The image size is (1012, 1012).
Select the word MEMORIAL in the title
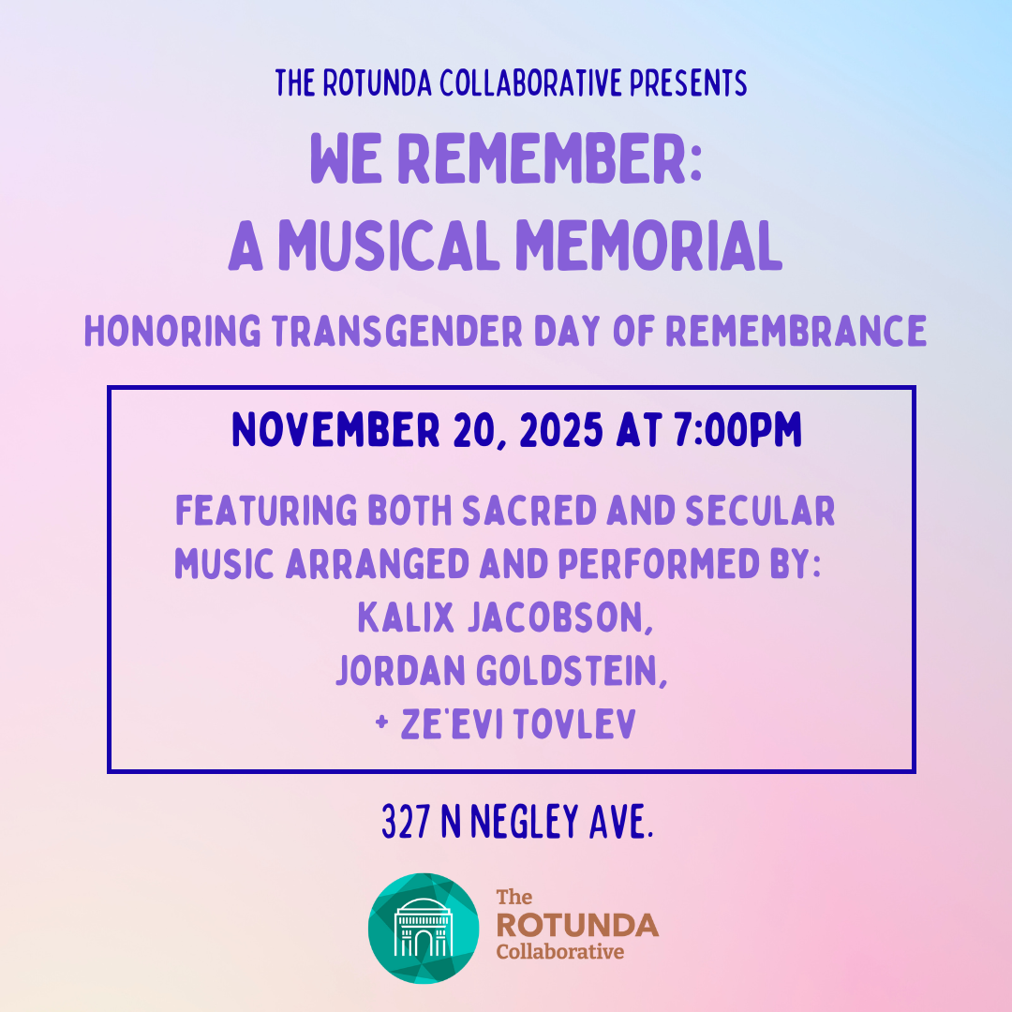[x=649, y=246]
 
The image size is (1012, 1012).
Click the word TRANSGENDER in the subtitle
[x=397, y=331]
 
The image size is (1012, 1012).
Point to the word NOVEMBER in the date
[x=335, y=430]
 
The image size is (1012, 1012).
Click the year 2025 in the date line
[x=561, y=430]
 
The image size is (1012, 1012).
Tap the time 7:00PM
[x=738, y=430]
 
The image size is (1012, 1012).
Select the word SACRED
[x=529, y=511]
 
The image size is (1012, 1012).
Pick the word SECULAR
[x=760, y=511]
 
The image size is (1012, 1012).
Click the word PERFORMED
[x=659, y=563]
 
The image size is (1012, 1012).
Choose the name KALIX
[x=406, y=618]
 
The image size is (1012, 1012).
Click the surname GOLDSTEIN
[x=572, y=671]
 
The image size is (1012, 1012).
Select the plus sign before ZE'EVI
[x=381, y=722]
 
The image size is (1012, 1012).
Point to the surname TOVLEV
[x=575, y=723]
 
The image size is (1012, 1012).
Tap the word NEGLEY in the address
[x=525, y=822]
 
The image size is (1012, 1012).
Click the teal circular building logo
[x=424, y=928]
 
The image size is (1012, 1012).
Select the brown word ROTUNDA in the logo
[x=577, y=925]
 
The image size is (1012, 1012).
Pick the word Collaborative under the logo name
[x=560, y=952]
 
